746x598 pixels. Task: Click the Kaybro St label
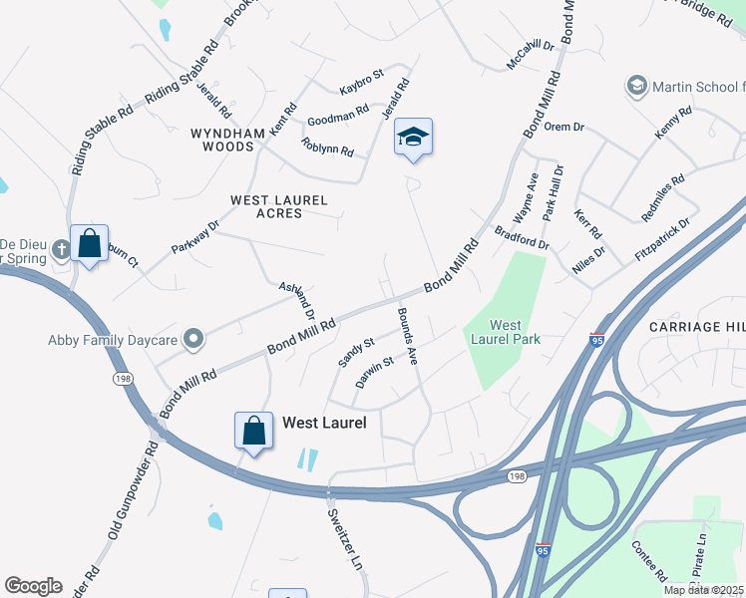(361, 77)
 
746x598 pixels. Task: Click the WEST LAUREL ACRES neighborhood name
(278, 206)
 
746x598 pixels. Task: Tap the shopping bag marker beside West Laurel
(254, 431)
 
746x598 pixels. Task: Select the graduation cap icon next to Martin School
(635, 87)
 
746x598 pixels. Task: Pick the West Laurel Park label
(506, 332)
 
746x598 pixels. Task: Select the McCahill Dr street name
(530, 54)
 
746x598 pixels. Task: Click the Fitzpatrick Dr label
(662, 239)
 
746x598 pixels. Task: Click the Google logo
(33, 585)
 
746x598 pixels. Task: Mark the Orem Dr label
(563, 128)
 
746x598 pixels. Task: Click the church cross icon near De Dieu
(61, 247)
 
